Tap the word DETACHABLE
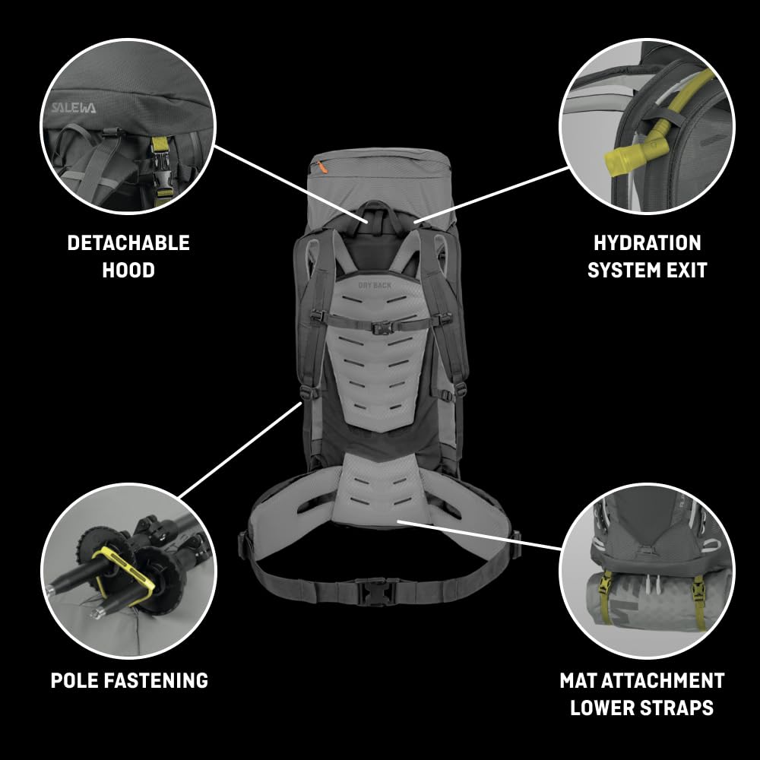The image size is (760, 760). (x=128, y=243)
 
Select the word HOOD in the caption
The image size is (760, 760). (x=128, y=270)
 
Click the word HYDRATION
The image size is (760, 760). (x=647, y=243)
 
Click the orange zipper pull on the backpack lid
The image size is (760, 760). (x=325, y=165)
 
